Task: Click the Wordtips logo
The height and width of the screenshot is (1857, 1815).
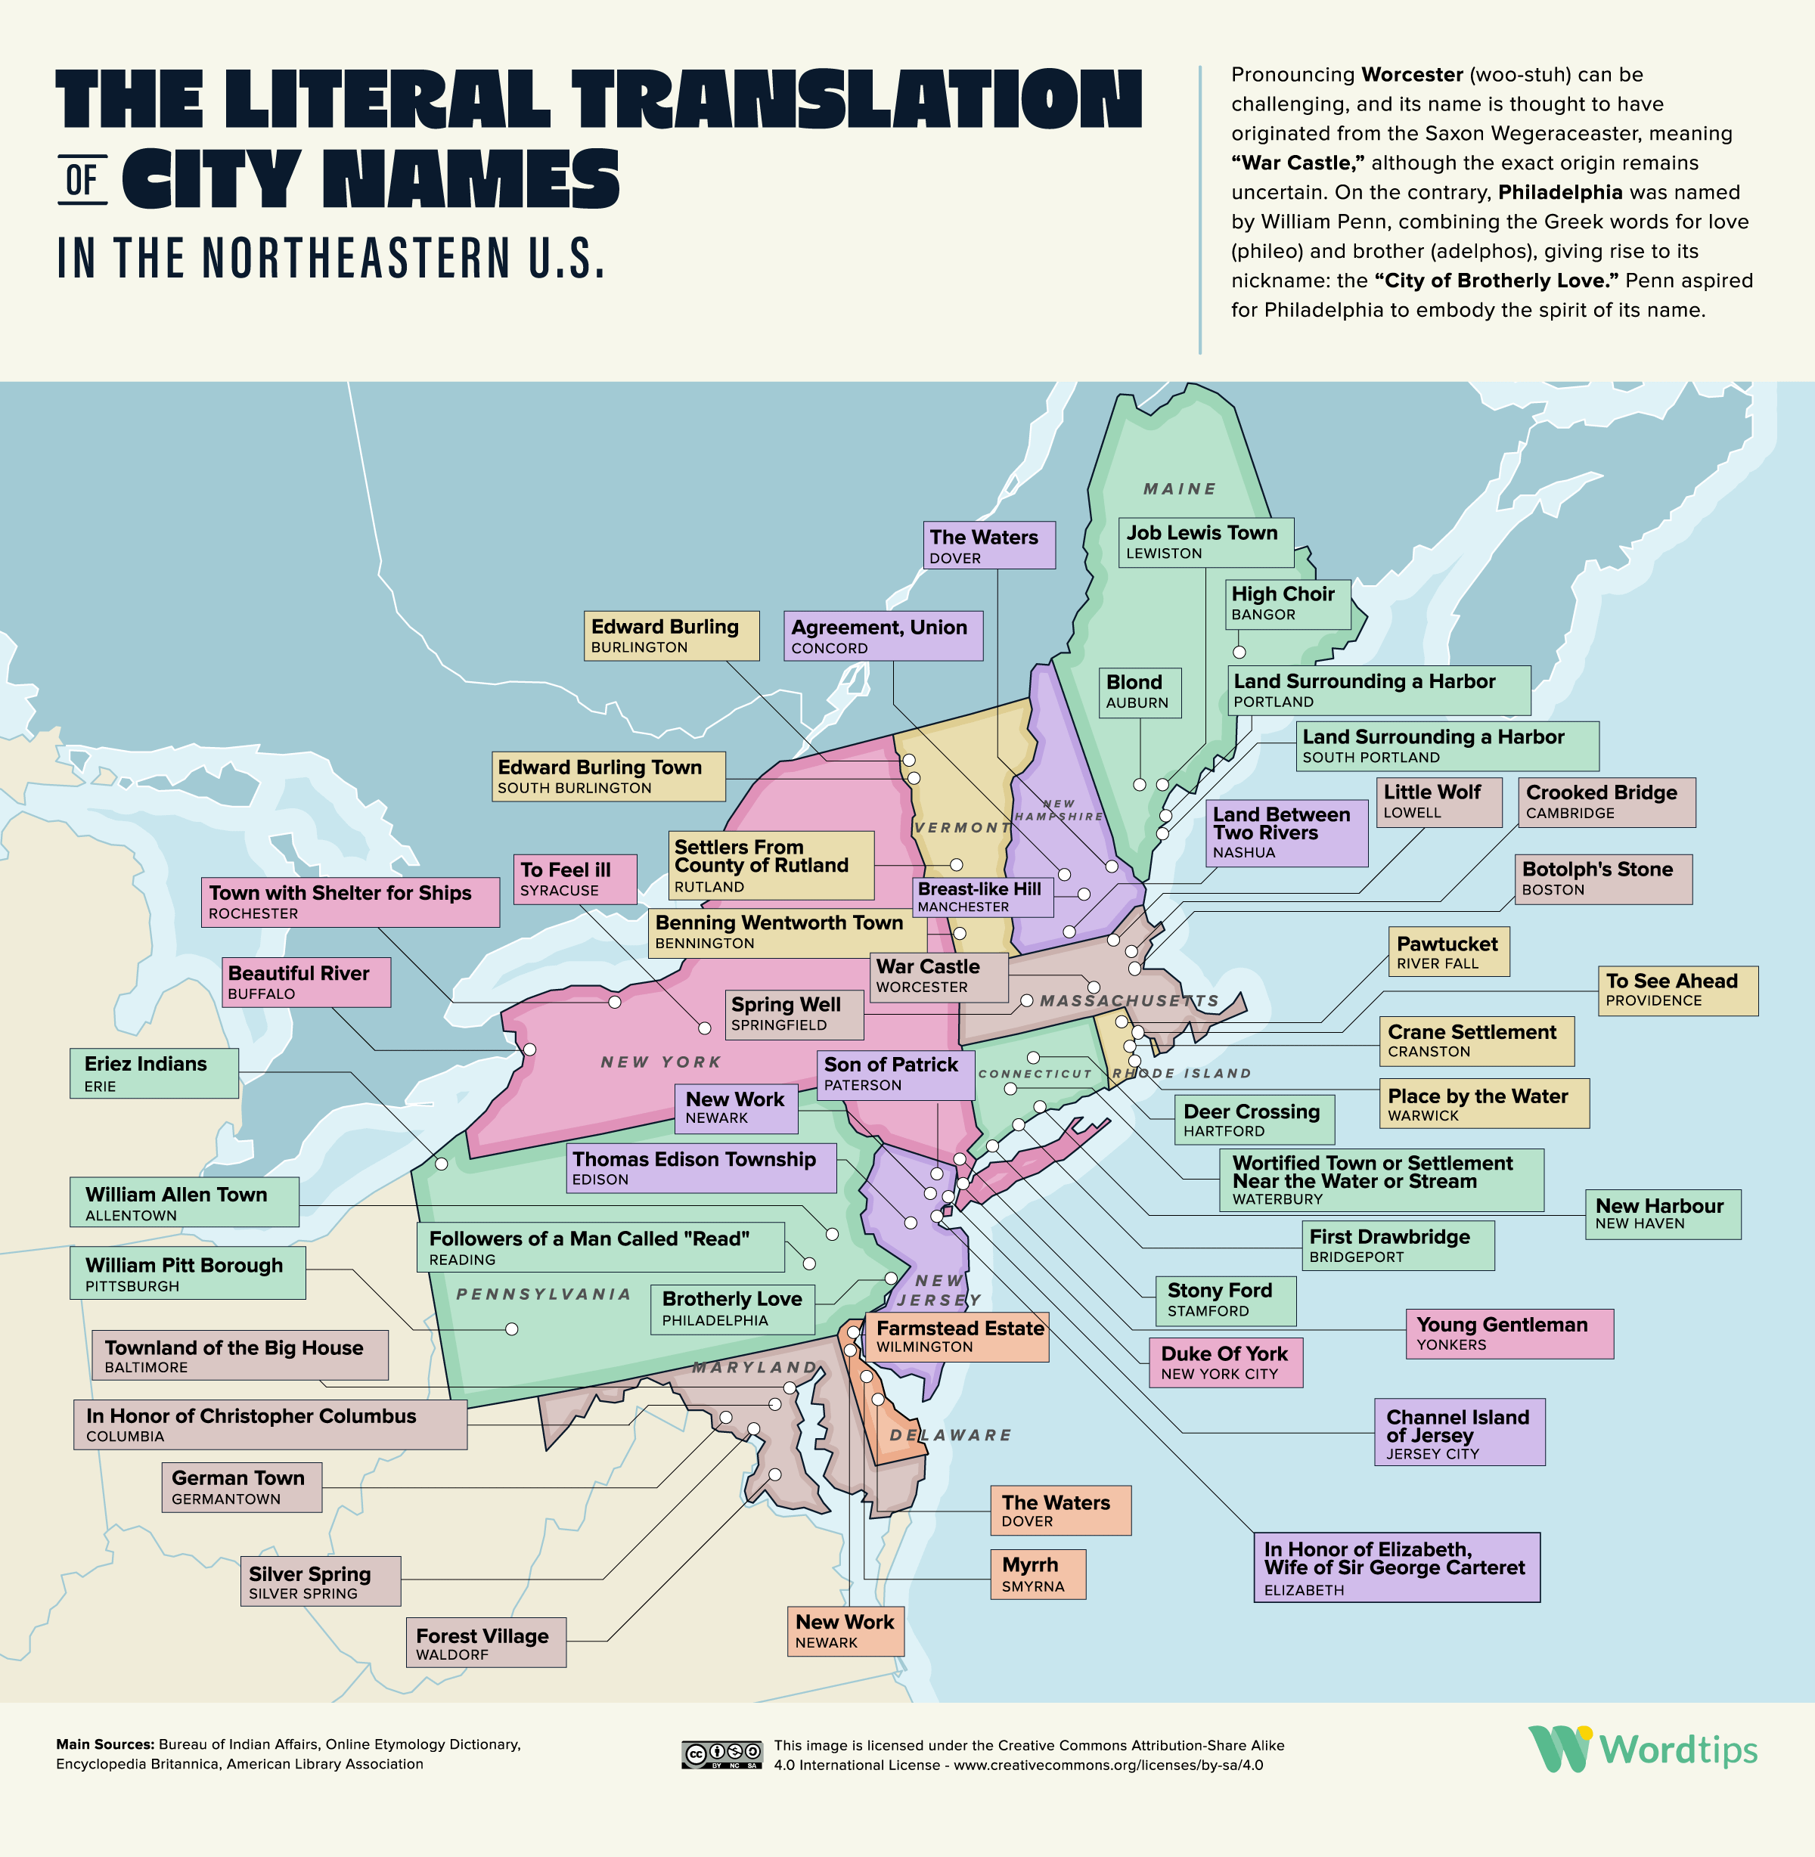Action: (x=1643, y=1750)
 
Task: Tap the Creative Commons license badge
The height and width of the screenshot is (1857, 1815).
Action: (x=721, y=1755)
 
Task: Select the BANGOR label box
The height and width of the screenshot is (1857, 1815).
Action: (x=1287, y=603)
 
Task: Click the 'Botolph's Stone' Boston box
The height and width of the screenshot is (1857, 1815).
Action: (x=1603, y=878)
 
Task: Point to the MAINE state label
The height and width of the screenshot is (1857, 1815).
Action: (x=1179, y=489)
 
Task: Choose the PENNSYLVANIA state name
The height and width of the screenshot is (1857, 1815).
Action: (x=543, y=1294)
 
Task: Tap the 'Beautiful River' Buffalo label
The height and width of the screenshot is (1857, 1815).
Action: (x=306, y=982)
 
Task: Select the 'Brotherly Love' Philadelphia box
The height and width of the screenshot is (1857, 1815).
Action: (x=732, y=1309)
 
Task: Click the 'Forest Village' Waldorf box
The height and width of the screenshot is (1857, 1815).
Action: (x=486, y=1642)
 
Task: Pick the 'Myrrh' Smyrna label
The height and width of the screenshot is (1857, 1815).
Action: (x=1036, y=1574)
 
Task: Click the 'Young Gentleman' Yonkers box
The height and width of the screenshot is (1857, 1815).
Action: (x=1508, y=1333)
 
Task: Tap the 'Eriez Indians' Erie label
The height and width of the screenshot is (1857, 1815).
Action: (x=154, y=1072)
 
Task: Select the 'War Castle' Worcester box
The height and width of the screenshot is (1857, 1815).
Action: (x=938, y=975)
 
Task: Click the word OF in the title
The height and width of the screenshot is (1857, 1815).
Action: (x=82, y=179)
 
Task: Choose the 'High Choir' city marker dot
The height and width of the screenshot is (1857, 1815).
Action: (x=1239, y=652)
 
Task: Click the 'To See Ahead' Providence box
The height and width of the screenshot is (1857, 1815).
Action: (x=1677, y=990)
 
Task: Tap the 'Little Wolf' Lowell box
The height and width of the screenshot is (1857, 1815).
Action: (x=1438, y=801)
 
